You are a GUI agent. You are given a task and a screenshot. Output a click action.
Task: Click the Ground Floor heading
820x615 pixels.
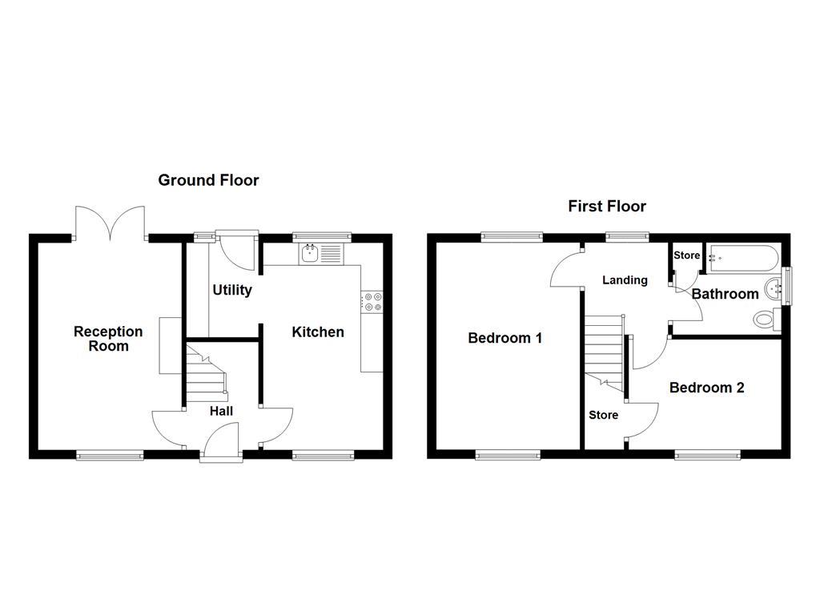pyautogui.click(x=208, y=180)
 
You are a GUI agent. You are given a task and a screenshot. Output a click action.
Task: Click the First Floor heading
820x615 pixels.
pyautogui.click(x=607, y=206)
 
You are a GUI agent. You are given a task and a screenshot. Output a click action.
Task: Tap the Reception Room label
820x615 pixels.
pyautogui.click(x=108, y=338)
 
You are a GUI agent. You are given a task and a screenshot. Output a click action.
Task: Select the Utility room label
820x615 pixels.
pyautogui.click(x=232, y=290)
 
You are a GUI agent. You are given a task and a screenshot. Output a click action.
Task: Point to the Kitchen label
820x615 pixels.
pyautogui.click(x=318, y=332)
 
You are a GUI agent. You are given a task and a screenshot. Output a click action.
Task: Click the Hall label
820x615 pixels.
pyautogui.click(x=222, y=411)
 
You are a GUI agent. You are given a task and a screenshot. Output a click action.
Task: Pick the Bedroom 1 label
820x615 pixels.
pyautogui.click(x=505, y=338)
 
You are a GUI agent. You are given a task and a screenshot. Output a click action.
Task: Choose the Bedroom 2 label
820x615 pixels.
pyautogui.click(x=707, y=388)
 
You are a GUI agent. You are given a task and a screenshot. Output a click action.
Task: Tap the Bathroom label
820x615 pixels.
pyautogui.click(x=726, y=294)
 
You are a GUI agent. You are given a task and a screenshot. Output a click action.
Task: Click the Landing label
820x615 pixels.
pyautogui.click(x=625, y=280)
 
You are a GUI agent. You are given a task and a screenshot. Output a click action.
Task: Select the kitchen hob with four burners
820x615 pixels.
pyautogui.click(x=373, y=301)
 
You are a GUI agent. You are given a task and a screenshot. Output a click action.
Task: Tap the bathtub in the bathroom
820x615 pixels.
pyautogui.click(x=741, y=258)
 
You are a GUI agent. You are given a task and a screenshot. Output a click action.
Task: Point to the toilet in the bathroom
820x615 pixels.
pyautogui.click(x=766, y=320)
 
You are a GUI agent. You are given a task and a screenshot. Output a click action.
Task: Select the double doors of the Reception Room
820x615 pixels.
pyautogui.click(x=111, y=220)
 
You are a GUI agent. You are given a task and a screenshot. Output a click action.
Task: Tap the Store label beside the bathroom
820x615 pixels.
pyautogui.click(x=686, y=256)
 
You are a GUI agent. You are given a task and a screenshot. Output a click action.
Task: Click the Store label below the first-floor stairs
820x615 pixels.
pyautogui.click(x=603, y=415)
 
